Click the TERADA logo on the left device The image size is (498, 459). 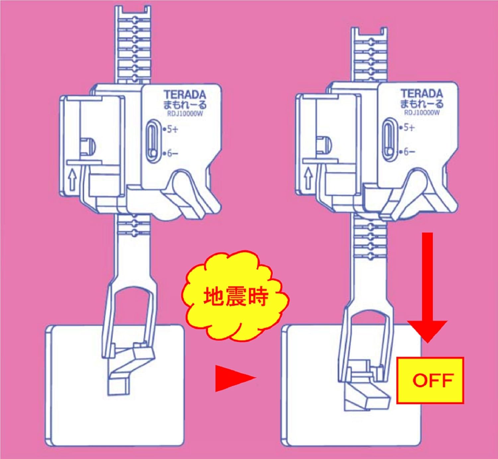(185, 95)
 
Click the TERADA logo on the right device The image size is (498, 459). (422, 94)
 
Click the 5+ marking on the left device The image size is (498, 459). (171, 130)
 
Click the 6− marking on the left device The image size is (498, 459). (171, 153)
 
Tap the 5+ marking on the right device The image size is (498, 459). (407, 128)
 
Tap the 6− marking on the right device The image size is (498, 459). (407, 152)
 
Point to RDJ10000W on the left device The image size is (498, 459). (185, 115)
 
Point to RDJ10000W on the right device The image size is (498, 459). (422, 113)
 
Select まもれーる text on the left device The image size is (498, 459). (185, 105)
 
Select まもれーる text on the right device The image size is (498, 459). (422, 104)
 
